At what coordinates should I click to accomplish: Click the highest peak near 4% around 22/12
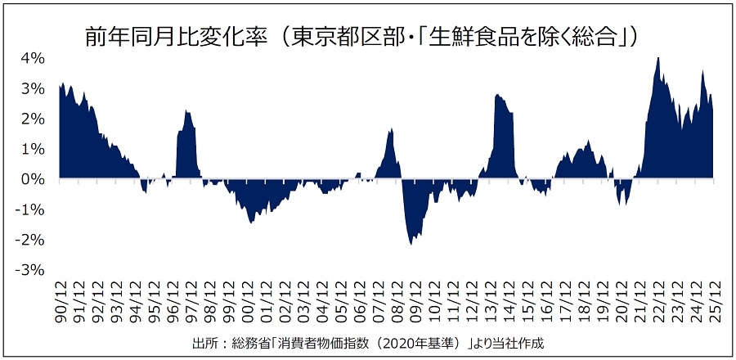[x=658, y=58]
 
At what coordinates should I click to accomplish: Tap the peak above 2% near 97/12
[x=186, y=110]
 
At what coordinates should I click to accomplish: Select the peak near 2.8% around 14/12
[x=497, y=95]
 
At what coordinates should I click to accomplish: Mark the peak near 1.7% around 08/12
[x=392, y=128]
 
